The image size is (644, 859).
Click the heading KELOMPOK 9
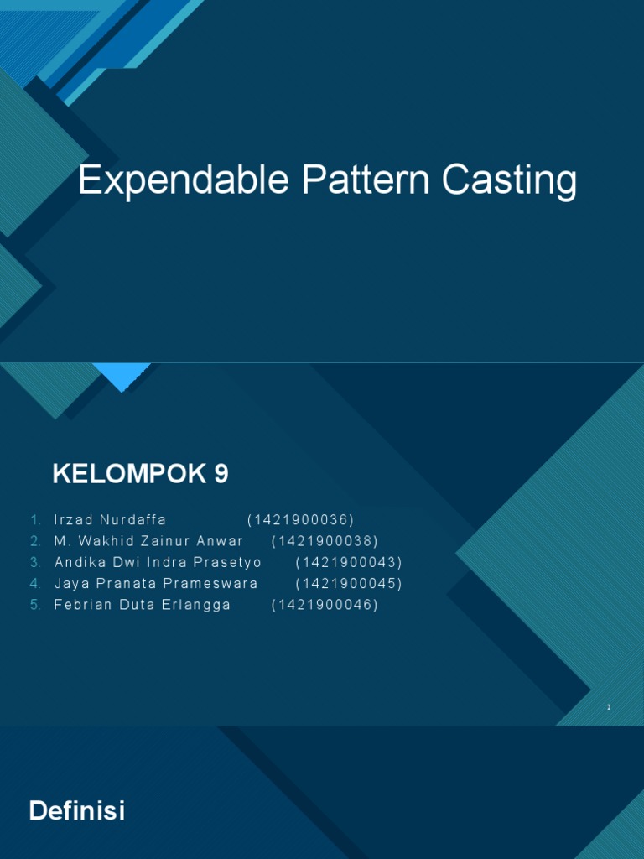(x=140, y=475)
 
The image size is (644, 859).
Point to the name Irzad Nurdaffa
(x=111, y=520)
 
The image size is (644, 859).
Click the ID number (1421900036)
(x=301, y=520)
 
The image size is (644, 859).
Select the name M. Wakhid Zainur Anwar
(x=148, y=541)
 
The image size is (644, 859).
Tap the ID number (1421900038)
(x=325, y=541)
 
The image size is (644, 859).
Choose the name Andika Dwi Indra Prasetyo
(x=158, y=562)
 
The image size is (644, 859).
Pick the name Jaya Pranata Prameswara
(x=156, y=583)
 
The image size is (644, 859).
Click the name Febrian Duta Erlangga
(x=142, y=605)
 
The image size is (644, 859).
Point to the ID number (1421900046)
(x=325, y=605)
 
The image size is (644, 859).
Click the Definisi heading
(x=77, y=811)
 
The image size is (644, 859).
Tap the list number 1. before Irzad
(x=35, y=520)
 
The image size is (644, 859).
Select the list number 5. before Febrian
(x=35, y=605)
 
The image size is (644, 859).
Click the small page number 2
(x=610, y=708)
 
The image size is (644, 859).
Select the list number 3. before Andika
(x=35, y=562)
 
